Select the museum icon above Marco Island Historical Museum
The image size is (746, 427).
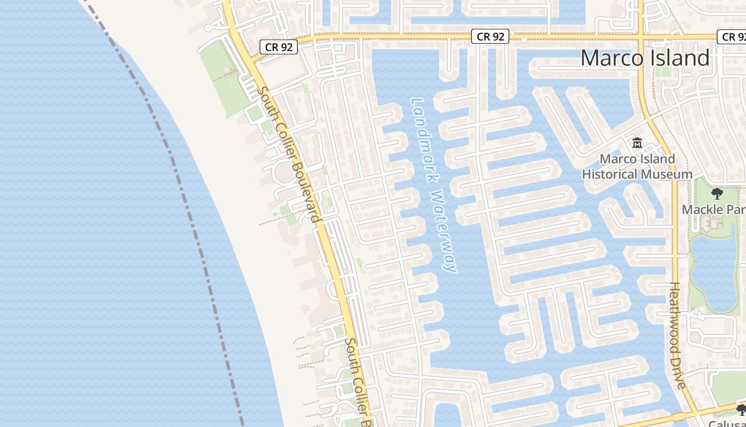(637, 143)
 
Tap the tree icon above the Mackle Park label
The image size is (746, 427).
(717, 194)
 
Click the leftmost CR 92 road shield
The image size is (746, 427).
(279, 47)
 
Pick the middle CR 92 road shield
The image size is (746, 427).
(490, 36)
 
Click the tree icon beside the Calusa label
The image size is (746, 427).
(741, 410)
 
